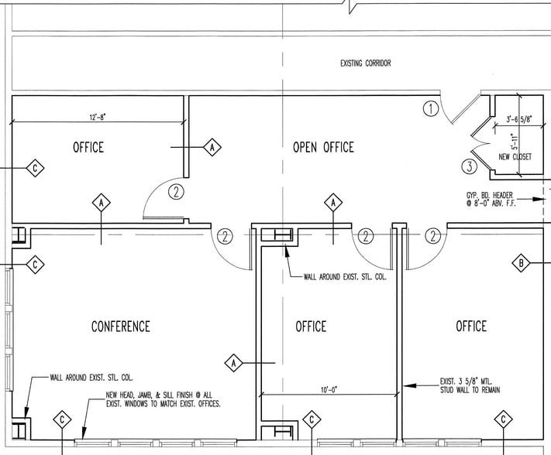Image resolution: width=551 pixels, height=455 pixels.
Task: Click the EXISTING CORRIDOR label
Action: point(365,63)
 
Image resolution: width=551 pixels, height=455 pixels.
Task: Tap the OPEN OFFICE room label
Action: point(323,147)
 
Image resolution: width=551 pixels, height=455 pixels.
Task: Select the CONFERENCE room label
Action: point(121,327)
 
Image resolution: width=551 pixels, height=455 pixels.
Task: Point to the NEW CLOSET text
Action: point(515,156)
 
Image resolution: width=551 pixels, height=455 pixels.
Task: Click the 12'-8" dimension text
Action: point(97,117)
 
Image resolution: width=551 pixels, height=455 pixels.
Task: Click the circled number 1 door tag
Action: point(431,108)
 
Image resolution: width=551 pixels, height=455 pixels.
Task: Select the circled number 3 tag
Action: point(468,166)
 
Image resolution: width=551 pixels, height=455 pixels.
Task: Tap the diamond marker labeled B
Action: point(522,264)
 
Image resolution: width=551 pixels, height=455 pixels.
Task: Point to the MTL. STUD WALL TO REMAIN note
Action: point(470,386)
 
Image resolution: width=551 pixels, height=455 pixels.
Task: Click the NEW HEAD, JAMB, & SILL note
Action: point(164,399)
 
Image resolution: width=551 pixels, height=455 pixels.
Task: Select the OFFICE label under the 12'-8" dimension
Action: point(88,147)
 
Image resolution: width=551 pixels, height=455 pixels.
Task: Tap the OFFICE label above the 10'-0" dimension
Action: point(311,327)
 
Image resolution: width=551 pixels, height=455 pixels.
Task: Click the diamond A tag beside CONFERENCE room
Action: point(233,362)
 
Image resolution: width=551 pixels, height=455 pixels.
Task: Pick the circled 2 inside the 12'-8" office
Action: point(177,192)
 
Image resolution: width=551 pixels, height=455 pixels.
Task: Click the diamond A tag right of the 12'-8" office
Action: point(212,147)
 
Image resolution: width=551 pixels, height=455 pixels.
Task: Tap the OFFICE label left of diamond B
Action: point(471,327)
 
